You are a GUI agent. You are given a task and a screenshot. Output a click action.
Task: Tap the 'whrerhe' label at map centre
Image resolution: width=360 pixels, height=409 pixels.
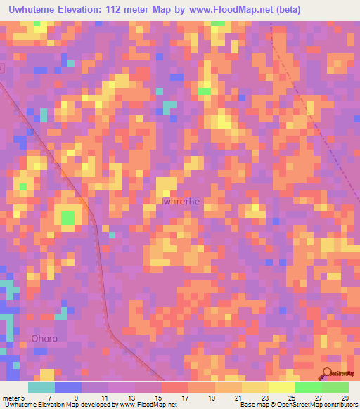[181, 202]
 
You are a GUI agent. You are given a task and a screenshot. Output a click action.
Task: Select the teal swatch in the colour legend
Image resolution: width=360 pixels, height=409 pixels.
[41, 387]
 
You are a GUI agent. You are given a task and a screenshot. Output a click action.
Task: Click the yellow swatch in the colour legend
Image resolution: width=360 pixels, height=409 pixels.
[281, 387]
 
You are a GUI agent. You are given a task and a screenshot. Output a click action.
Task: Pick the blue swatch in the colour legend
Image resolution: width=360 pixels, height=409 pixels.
[68, 387]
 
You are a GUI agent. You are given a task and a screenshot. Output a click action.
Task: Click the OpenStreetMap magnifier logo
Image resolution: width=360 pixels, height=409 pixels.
[328, 375]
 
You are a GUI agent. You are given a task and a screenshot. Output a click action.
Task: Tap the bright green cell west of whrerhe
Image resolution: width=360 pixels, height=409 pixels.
[67, 218]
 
